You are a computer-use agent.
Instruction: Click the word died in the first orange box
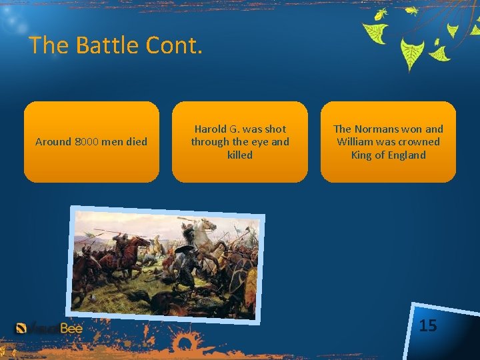pyautogui.click(x=135, y=141)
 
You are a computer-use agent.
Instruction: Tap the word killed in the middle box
pyautogui.click(x=240, y=155)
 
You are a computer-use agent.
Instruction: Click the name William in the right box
pyautogui.click(x=355, y=141)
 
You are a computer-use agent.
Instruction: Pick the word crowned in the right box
pyautogui.click(x=419, y=141)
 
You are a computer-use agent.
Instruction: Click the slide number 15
pyautogui.click(x=428, y=325)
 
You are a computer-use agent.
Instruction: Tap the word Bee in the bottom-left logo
pyautogui.click(x=70, y=328)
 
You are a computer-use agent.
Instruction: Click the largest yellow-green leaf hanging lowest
pyautogui.click(x=411, y=53)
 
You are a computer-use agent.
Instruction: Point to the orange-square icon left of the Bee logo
pyautogui.click(x=21, y=328)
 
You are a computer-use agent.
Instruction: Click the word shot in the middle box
pyautogui.click(x=275, y=129)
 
